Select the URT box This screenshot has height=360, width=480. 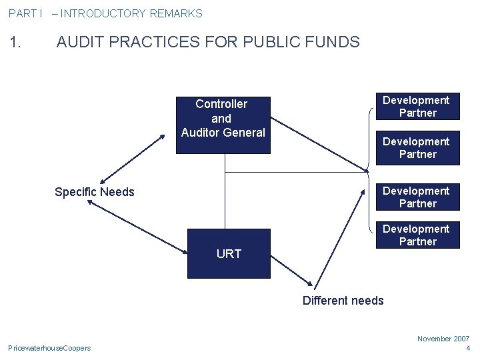[229, 253]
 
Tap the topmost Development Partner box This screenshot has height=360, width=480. [416, 107]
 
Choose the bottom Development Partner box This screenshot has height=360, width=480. [416, 235]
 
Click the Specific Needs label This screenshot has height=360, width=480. [94, 192]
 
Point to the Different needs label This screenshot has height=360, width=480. [343, 301]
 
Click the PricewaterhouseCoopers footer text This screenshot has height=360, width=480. [49, 348]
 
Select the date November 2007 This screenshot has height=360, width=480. [443, 339]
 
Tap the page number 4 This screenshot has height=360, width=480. [467, 348]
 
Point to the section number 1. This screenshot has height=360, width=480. [17, 43]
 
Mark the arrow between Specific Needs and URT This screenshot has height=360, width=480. [139, 227]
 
